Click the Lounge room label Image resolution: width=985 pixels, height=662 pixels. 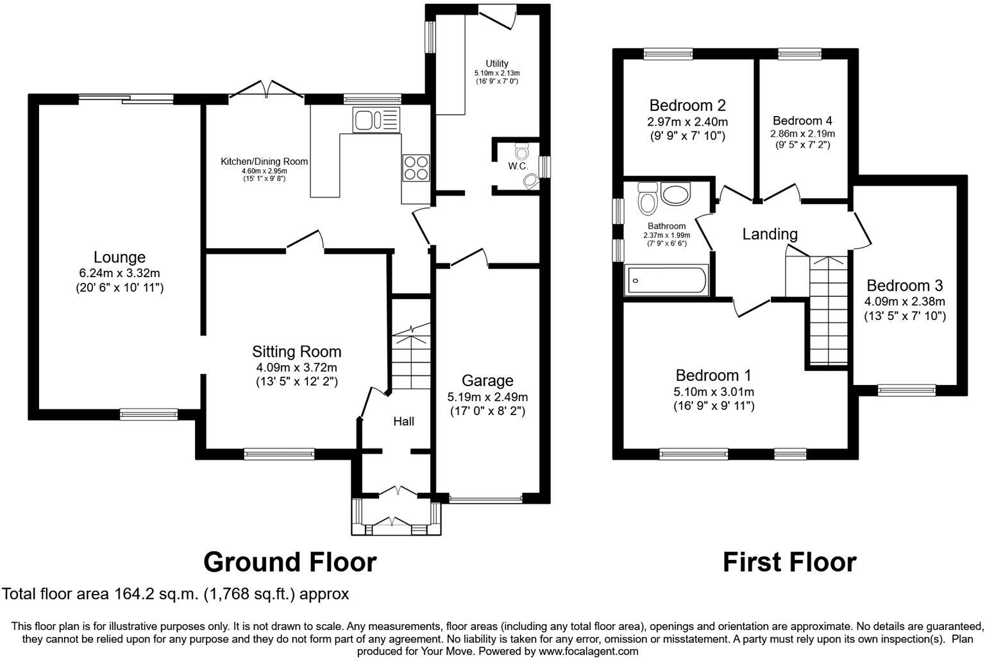(119, 258)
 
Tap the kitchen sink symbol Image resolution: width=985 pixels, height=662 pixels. (375, 120)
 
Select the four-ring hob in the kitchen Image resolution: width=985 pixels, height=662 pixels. (415, 167)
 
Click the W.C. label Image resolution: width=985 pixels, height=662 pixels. (518, 166)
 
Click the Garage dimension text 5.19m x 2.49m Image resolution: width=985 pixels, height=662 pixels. (487, 397)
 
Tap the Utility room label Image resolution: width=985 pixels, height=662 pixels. (496, 63)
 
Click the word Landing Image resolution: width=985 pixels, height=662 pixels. (770, 234)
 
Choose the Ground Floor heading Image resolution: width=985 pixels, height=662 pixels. (290, 562)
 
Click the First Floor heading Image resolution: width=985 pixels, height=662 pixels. (789, 562)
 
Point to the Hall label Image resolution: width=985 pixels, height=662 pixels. (403, 421)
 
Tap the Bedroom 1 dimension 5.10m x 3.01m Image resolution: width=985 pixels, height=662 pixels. (713, 391)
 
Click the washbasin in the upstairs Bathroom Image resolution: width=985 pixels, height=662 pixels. (674, 194)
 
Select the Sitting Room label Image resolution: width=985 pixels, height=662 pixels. (296, 352)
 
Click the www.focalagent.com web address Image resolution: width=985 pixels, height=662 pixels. (588, 651)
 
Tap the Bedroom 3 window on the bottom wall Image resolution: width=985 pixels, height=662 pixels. (906, 387)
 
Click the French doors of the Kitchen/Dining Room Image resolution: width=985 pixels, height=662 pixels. (268, 90)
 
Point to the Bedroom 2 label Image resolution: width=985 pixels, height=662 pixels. (687, 105)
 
